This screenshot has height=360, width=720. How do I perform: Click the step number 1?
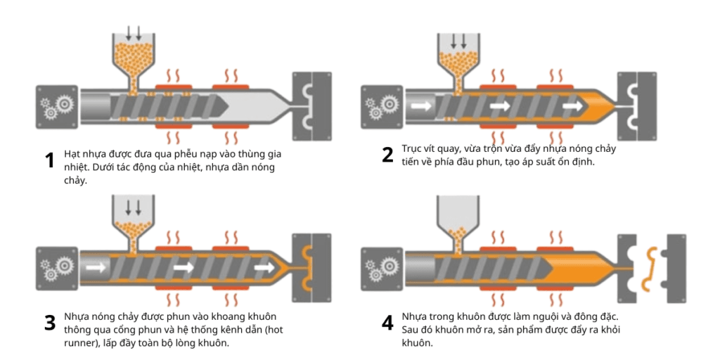(49, 160)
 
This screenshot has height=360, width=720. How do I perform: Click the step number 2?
(387, 155)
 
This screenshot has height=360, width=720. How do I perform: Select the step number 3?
(49, 323)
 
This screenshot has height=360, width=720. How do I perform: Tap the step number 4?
(387, 323)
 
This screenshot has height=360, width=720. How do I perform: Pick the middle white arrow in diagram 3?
(184, 267)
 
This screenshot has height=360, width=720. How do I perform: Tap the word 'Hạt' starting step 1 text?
(72, 154)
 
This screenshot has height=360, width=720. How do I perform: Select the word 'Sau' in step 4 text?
(411, 330)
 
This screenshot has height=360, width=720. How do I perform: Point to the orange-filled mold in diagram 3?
(311, 268)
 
